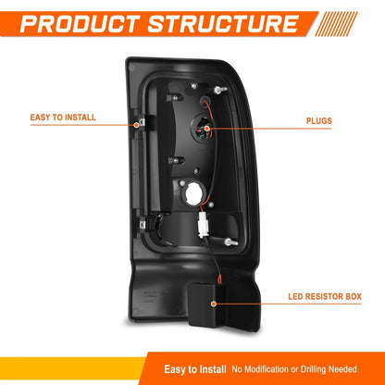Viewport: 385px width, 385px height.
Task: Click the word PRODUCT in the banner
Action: click(79, 24)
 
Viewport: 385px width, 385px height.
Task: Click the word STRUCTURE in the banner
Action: click(223, 24)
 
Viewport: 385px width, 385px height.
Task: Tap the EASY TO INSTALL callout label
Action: click(63, 118)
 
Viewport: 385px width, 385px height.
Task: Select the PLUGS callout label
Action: click(319, 120)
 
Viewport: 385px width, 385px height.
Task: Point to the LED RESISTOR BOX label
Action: click(325, 296)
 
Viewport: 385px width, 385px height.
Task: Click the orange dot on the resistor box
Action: click(214, 304)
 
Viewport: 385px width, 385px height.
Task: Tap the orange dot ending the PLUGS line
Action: click(206, 129)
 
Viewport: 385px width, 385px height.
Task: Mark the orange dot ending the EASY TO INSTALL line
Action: click(136, 125)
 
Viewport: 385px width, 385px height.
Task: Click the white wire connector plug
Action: click(203, 225)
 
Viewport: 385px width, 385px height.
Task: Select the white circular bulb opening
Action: click(193, 193)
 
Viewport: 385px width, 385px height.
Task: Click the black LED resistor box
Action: click(206, 304)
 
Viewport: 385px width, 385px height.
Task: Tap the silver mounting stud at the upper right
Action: click(220, 90)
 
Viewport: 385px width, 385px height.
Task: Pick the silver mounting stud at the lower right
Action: click(230, 242)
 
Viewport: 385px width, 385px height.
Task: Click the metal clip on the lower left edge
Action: click(143, 223)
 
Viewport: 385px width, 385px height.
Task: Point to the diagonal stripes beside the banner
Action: click(336, 24)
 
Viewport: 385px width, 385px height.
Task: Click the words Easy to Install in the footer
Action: click(195, 369)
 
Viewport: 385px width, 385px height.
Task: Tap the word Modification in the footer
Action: click(266, 369)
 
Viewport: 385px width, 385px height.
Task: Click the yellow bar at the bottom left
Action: click(73, 368)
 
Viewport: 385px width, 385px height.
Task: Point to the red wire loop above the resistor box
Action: click(219, 279)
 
